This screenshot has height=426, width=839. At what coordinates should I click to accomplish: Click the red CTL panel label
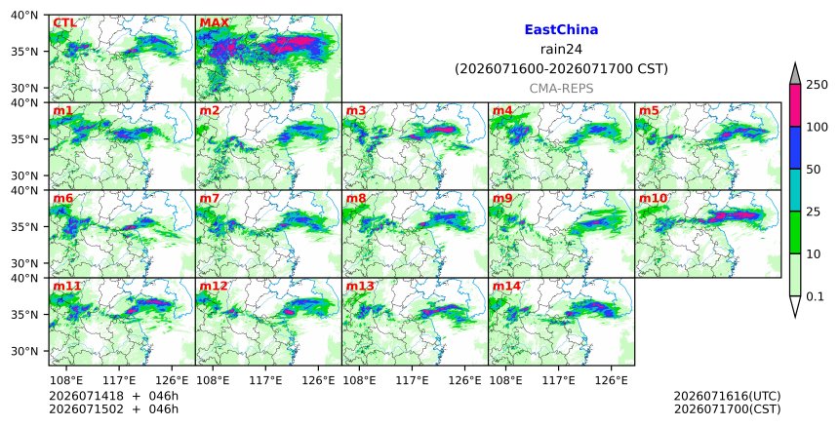click(64, 23)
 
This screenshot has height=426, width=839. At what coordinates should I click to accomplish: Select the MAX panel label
click(214, 23)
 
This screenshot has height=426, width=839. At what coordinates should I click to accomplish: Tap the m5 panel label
click(649, 110)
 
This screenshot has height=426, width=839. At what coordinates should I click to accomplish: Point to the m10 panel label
click(653, 198)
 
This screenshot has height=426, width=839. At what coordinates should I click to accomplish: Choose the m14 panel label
click(506, 286)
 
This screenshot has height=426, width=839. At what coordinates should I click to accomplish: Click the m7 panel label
click(209, 198)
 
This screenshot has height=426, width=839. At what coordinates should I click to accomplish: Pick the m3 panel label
click(356, 110)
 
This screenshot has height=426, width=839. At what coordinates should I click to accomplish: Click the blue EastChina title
click(561, 30)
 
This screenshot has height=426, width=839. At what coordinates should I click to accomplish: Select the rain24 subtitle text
click(561, 50)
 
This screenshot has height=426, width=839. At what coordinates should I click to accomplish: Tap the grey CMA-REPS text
click(561, 89)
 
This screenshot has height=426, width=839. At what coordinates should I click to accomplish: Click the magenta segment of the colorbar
click(794, 105)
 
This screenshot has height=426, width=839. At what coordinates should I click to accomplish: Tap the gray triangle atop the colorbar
click(794, 74)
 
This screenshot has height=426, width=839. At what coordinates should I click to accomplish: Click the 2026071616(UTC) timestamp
click(727, 396)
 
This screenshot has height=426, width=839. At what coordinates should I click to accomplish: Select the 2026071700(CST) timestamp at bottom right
click(727, 409)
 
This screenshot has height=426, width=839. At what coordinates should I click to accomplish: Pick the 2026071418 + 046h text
click(113, 396)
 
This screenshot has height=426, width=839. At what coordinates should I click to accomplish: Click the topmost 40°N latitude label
click(24, 15)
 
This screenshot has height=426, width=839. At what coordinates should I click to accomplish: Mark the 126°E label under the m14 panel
click(612, 380)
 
